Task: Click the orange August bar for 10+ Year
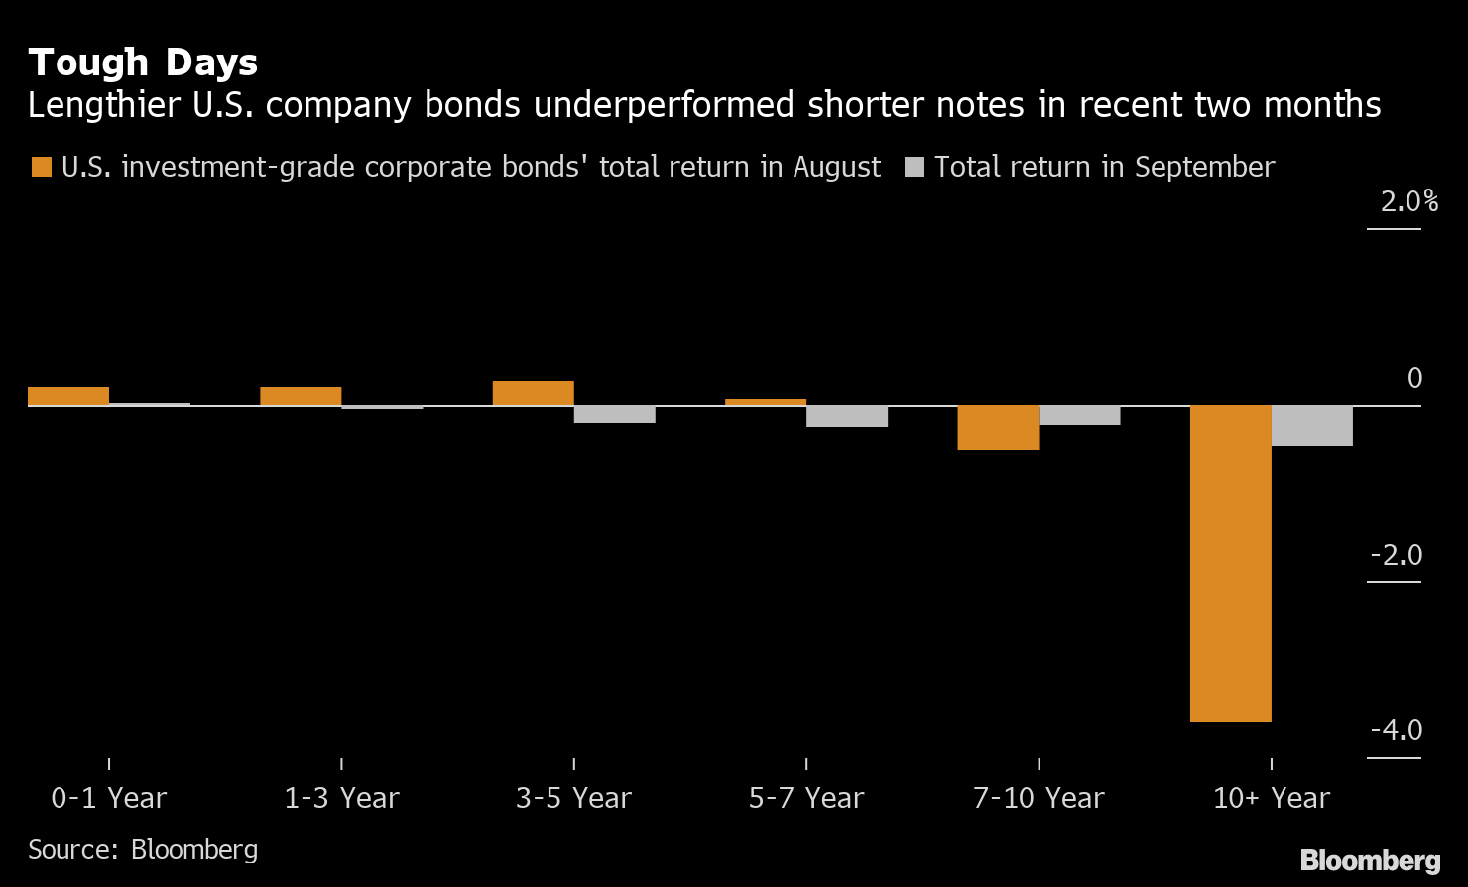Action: [x=1230, y=564]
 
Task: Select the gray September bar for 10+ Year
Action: [x=1311, y=426]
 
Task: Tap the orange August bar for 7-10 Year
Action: [x=998, y=428]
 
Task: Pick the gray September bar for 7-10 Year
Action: [x=1079, y=415]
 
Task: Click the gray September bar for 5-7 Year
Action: [x=846, y=416]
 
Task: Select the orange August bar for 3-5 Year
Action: [x=533, y=393]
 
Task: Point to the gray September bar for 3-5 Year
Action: [x=614, y=414]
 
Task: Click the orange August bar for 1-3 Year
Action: [x=301, y=396]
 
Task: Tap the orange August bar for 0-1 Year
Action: [x=68, y=396]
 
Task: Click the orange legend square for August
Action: [x=41, y=167]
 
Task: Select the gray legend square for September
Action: [x=914, y=167]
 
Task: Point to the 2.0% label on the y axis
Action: [x=1408, y=202]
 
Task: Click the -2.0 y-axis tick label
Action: [x=1396, y=555]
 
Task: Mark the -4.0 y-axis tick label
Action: [x=1396, y=731]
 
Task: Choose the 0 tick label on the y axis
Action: [x=1414, y=378]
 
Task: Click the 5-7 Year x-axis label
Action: [x=806, y=798]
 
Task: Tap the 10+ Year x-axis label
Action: [x=1272, y=798]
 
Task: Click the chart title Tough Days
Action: [x=143, y=63]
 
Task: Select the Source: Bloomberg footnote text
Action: [x=143, y=849]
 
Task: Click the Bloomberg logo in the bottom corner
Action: [x=1370, y=859]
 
